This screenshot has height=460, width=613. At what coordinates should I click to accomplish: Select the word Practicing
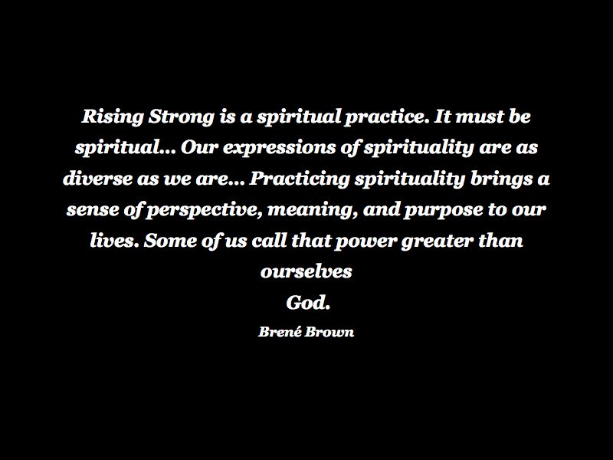click(x=300, y=179)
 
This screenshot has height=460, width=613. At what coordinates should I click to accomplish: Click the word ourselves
click(x=306, y=271)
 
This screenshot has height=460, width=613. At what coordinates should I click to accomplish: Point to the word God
click(x=308, y=302)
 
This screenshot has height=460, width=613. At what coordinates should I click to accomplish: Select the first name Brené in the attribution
click(x=280, y=331)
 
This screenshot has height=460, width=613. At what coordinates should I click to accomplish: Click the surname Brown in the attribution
click(x=329, y=332)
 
